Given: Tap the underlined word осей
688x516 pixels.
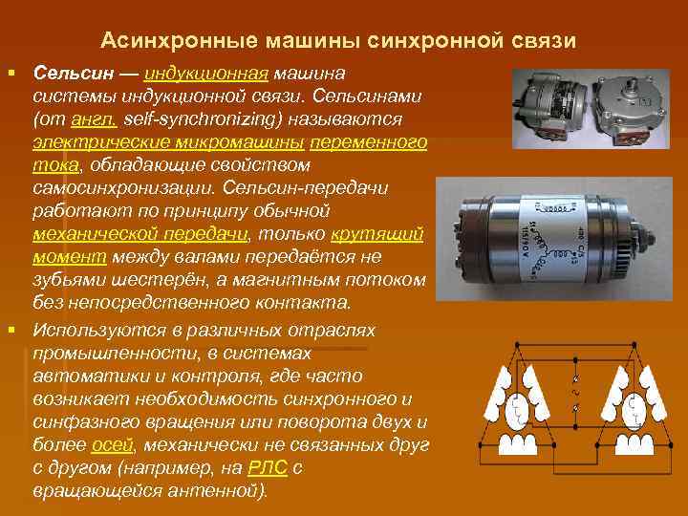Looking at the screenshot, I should [114, 446].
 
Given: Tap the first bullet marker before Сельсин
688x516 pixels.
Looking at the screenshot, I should [12, 73].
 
